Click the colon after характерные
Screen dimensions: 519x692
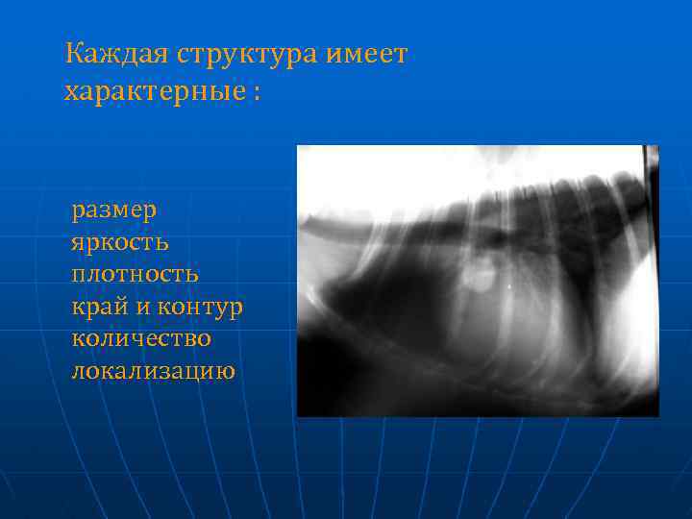coord(257,94)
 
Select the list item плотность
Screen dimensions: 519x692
coord(136,274)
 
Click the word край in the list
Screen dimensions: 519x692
coord(97,307)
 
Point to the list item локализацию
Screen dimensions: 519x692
coord(153,370)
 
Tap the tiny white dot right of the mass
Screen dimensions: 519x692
coord(508,284)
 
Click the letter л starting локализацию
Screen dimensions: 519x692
coord(77,370)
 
